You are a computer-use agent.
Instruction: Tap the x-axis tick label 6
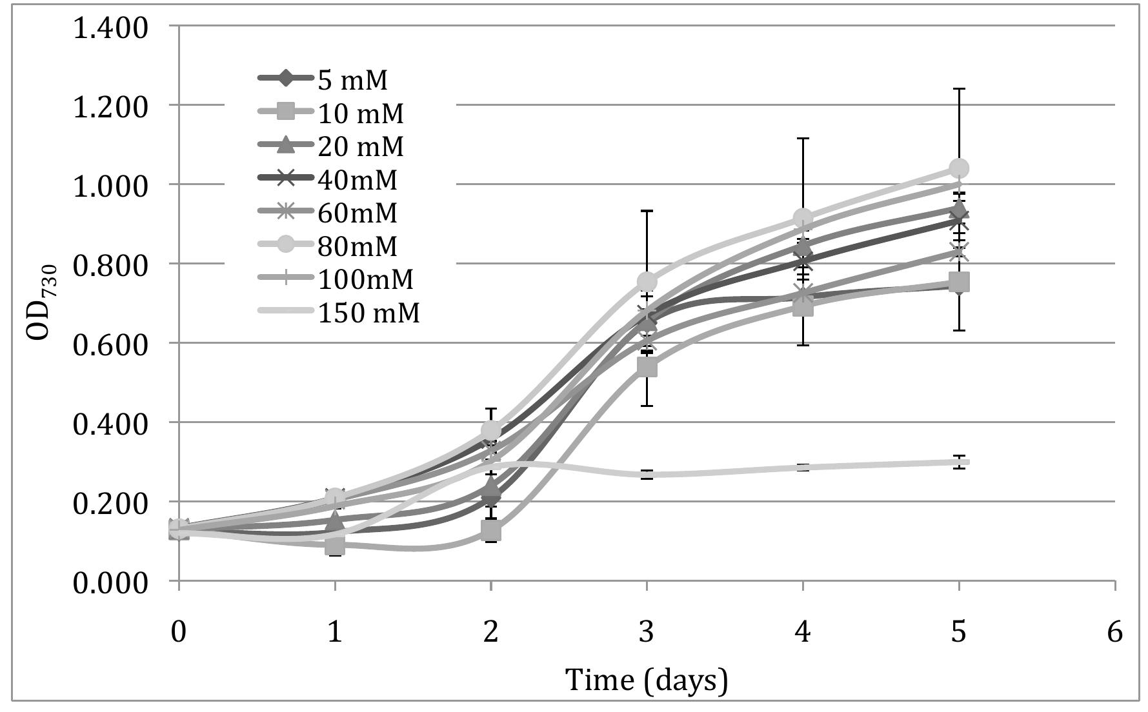(1114, 632)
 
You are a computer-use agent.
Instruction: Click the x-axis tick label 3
(647, 632)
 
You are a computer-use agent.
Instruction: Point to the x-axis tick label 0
(179, 632)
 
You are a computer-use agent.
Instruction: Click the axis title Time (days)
(646, 680)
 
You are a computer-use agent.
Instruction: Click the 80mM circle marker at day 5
(959, 168)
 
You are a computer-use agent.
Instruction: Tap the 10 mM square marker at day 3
(647, 367)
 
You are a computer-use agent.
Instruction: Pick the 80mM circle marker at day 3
(647, 282)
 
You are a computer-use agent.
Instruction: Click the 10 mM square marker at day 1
(335, 546)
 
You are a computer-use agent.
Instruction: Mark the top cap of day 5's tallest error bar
(959, 89)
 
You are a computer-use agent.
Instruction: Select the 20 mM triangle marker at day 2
(491, 486)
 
